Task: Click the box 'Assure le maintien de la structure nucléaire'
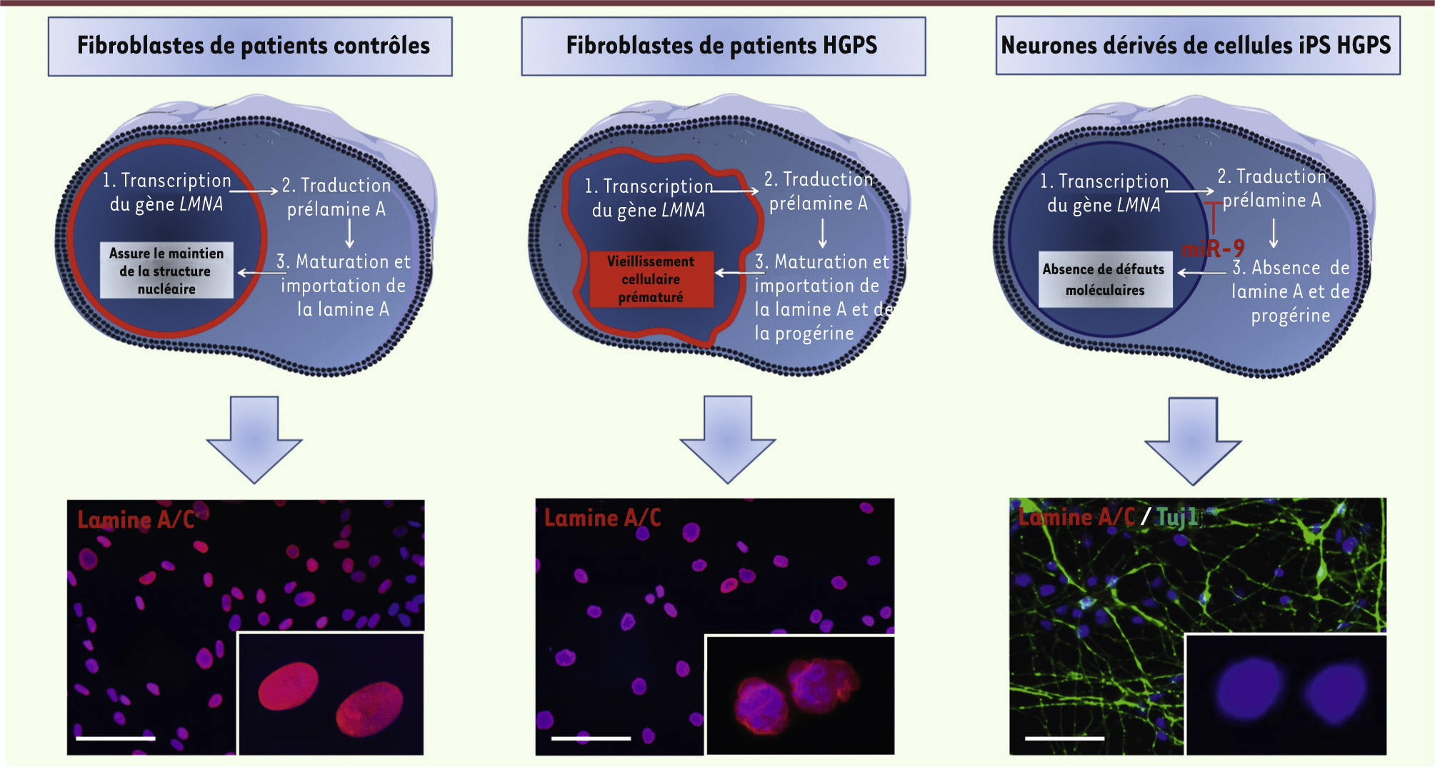pos(166,270)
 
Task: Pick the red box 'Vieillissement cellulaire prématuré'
pos(651,279)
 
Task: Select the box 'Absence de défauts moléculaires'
pos(1105,279)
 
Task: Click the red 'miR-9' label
pos(1214,249)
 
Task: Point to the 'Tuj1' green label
pos(1178,516)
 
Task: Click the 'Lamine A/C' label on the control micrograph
pos(136,519)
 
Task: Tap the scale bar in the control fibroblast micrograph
pos(116,738)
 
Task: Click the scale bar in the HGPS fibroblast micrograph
pos(591,738)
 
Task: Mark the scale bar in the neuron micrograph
pos(1064,738)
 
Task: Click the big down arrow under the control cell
pos(254,439)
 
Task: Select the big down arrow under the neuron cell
pos(1193,441)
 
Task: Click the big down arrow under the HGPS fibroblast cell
pos(728,439)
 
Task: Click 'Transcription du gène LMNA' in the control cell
pos(167,192)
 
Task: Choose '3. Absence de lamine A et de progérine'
pos(1291,291)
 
